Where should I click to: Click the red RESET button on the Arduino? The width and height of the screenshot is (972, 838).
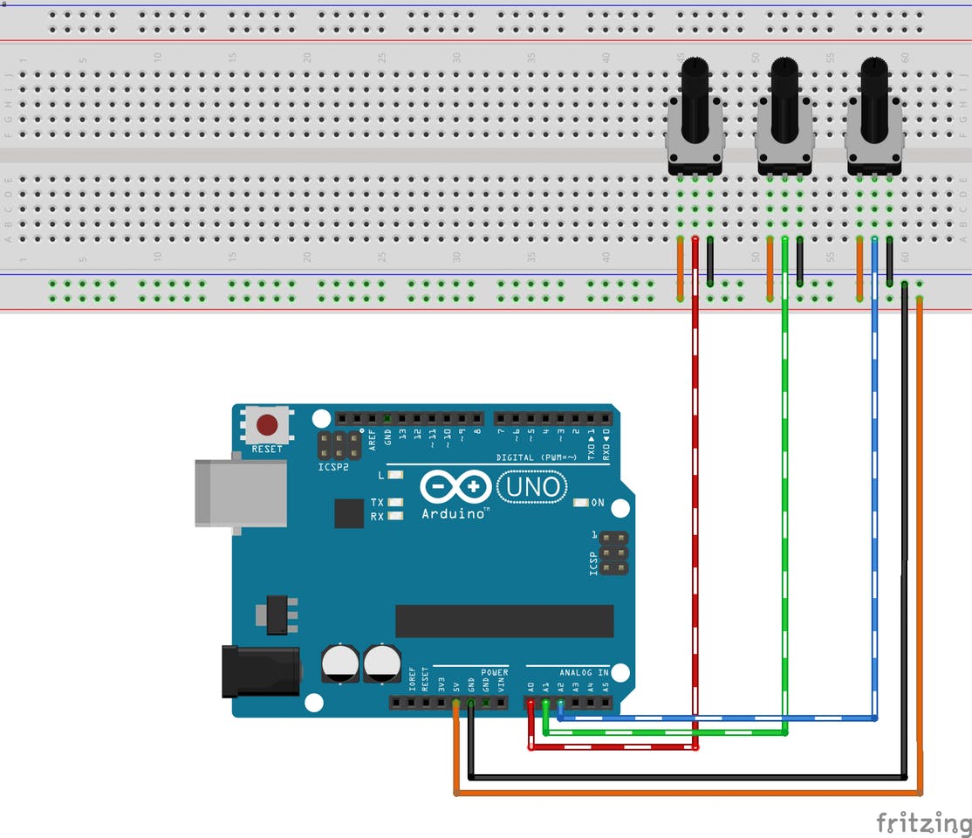click(267, 425)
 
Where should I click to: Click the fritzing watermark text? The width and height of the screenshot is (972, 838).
click(923, 821)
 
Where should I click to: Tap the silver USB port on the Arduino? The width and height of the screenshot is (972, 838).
click(239, 492)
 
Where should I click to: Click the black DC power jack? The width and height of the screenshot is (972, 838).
click(260, 670)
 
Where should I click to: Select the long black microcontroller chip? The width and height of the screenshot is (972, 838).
click(504, 620)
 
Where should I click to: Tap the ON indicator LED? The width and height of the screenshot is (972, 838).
click(582, 504)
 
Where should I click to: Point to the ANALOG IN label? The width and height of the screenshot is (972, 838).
click(584, 672)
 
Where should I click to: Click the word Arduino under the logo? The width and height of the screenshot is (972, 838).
click(454, 514)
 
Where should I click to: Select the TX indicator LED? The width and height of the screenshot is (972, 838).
click(396, 503)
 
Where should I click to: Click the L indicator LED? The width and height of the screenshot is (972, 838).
click(396, 476)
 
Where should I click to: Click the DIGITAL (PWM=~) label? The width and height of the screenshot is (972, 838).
click(537, 457)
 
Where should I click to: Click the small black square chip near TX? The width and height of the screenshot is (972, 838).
click(349, 513)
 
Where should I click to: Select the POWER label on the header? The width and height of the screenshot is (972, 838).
click(494, 672)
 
